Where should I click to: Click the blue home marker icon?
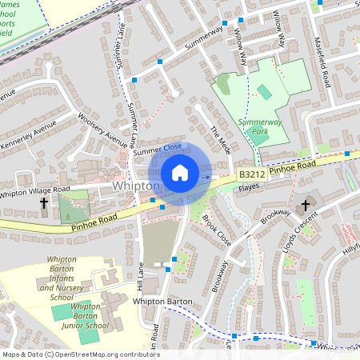point(180,173)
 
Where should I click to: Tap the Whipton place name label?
point(137,186)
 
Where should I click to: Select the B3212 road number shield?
point(252,174)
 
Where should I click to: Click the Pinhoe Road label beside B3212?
point(293,167)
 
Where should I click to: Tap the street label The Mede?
point(219,141)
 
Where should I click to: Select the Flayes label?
point(250,188)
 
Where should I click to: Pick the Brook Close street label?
point(216,230)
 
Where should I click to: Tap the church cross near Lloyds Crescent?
point(304,206)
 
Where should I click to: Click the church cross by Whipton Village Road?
point(44,203)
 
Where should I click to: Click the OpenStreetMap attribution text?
point(81,354)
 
